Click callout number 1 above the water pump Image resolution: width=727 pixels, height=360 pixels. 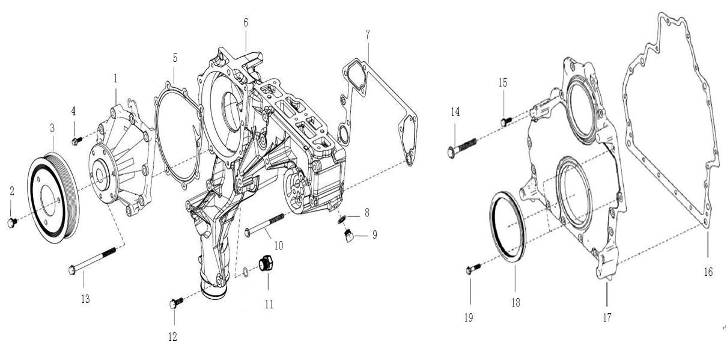[115, 79]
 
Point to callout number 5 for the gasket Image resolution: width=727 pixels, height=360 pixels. [174, 58]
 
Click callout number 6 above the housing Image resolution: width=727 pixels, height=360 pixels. [246, 23]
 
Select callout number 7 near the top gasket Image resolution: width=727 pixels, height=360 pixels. [368, 34]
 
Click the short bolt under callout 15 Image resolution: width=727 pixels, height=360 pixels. [504, 122]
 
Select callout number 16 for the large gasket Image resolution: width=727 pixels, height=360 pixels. [708, 272]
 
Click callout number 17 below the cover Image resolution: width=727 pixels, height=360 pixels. [607, 317]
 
